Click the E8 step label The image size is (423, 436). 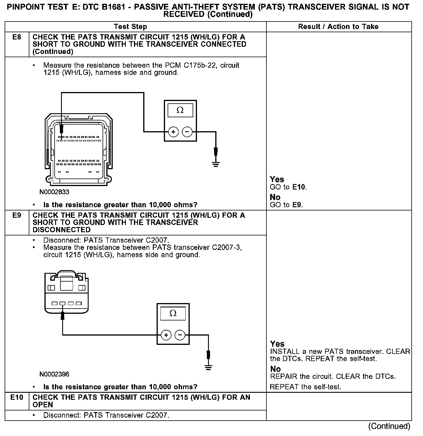pyautogui.click(x=17, y=37)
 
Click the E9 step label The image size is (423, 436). pyautogui.click(x=17, y=215)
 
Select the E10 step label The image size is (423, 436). pyautogui.click(x=17, y=397)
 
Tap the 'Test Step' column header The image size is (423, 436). pyautogui.click(x=130, y=27)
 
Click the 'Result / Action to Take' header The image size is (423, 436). pyautogui.click(x=338, y=27)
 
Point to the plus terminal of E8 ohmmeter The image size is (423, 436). pyautogui.click(x=173, y=132)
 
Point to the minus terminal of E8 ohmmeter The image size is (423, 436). pyautogui.click(x=187, y=132)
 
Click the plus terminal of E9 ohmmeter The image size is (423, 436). pyautogui.click(x=166, y=335)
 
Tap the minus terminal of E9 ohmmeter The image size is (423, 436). pyautogui.click(x=180, y=335)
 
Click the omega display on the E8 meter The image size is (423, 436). pyautogui.click(x=180, y=110)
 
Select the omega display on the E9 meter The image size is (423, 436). pyautogui.click(x=173, y=314)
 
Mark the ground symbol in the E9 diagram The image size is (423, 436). pyautogui.click(x=208, y=367)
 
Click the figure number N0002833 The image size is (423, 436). pyautogui.click(x=55, y=192)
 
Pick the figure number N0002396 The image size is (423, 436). pyautogui.click(x=55, y=374)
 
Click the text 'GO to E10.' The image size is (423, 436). pyautogui.click(x=288, y=187)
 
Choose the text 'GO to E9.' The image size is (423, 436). pyautogui.click(x=286, y=205)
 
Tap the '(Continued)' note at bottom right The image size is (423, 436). pyautogui.click(x=389, y=426)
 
